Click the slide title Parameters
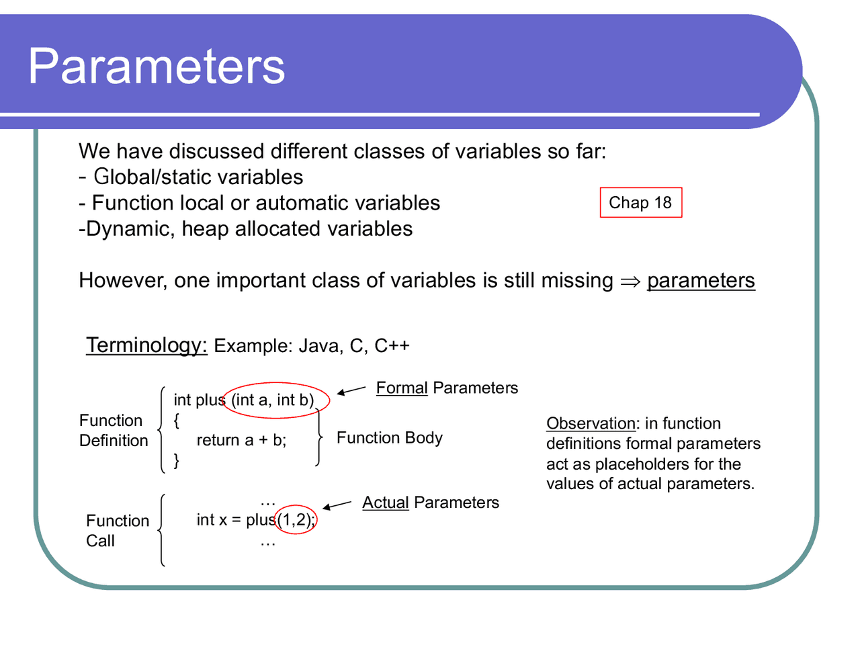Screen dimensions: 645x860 (157, 67)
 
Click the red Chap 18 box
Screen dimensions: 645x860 (640, 203)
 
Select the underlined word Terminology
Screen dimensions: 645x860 (146, 345)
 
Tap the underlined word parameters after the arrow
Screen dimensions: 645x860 (701, 280)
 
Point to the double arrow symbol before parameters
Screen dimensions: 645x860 (630, 281)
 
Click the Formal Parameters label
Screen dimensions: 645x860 (447, 388)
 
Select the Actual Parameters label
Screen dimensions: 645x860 (430, 503)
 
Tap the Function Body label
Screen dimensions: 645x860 (389, 438)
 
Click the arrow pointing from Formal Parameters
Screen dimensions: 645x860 (351, 390)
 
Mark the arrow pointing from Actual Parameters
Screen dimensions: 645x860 (337, 505)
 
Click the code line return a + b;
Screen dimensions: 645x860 (241, 440)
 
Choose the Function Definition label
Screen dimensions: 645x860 (113, 431)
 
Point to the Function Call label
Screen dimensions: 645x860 (117, 530)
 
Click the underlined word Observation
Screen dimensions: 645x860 (590, 424)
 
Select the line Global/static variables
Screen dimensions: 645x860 (198, 177)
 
